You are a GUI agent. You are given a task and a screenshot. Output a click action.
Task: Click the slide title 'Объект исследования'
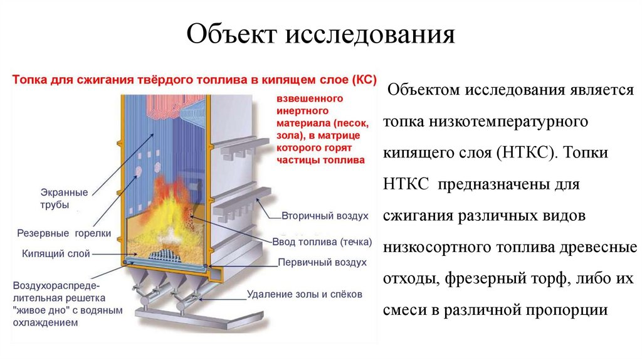pyautogui.click(x=320, y=34)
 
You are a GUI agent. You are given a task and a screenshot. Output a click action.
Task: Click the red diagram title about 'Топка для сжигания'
pyautogui.click(x=194, y=80)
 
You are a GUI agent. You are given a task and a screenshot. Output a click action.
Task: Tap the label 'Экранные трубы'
pyautogui.click(x=65, y=198)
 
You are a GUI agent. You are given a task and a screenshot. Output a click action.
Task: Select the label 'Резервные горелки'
pyautogui.click(x=65, y=233)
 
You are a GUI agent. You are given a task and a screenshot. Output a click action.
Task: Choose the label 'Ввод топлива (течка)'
pyautogui.click(x=322, y=241)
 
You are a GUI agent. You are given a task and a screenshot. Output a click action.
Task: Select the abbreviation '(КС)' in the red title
pyautogui.click(x=363, y=80)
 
